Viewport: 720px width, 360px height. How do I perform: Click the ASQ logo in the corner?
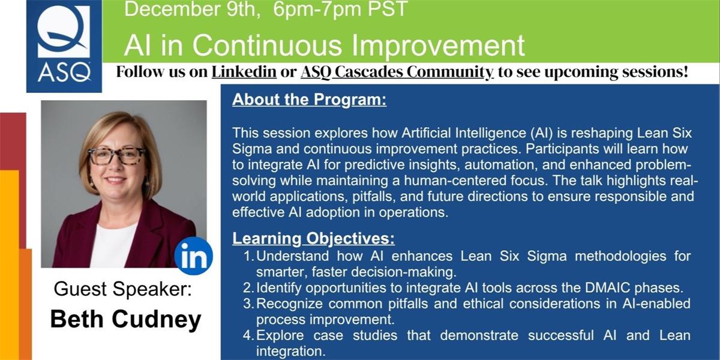[64, 46]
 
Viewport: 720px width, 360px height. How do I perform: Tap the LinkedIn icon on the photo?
[193, 256]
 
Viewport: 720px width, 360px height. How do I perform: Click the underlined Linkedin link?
[244, 72]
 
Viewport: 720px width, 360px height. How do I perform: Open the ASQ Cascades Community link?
[397, 72]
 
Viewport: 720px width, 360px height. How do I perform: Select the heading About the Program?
[309, 100]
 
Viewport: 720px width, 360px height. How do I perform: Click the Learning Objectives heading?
[313, 238]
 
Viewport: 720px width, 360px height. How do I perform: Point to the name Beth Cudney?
[125, 319]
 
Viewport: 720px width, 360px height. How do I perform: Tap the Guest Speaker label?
[122, 289]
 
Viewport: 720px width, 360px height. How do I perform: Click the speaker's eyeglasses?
[116, 156]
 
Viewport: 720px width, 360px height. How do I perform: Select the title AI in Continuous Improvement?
[325, 46]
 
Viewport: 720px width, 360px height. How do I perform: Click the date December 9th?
[192, 9]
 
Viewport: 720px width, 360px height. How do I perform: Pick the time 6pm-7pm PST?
[340, 9]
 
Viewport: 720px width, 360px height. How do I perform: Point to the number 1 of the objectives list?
[249, 256]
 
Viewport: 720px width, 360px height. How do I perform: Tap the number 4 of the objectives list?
[249, 335]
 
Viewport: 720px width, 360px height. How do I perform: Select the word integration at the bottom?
[291, 351]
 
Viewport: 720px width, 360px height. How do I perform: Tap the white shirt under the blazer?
[113, 246]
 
